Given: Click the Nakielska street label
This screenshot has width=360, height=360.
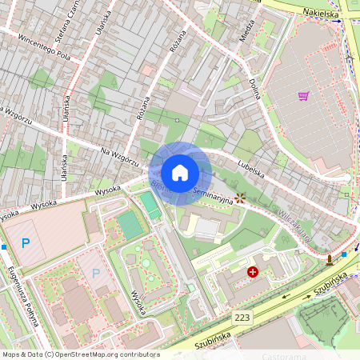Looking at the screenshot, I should coord(321,14).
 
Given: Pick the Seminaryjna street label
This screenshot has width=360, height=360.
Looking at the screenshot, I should coord(214,196).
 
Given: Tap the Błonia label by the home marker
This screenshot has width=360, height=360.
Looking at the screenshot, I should coord(156,190).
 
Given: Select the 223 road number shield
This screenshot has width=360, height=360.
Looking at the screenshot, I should coord(243,318).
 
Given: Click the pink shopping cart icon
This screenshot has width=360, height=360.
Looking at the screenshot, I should coord(304,96).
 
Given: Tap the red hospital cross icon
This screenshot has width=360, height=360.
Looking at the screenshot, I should coord(254,273).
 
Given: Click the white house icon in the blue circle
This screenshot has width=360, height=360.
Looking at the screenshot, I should coord(180,173).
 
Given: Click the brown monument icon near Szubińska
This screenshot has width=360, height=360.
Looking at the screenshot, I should coord(329,260).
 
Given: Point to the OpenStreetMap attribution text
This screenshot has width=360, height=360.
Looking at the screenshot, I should coord(81,354).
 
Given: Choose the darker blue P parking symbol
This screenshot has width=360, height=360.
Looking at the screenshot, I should coord(26,242).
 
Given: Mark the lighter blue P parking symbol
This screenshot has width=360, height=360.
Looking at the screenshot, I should coord(97,274).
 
